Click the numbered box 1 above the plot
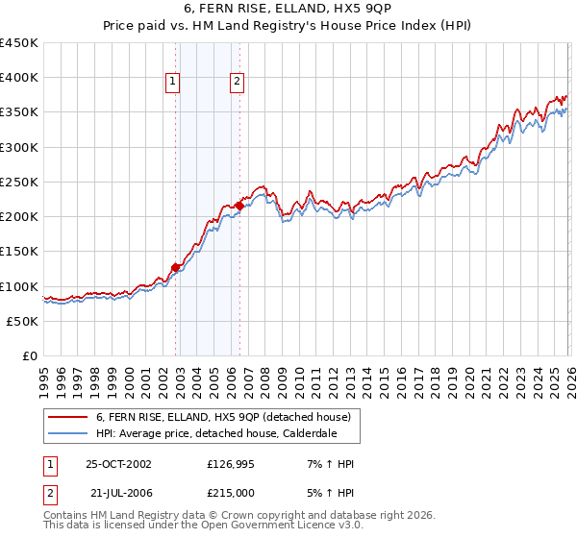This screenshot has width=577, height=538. pos(172,82)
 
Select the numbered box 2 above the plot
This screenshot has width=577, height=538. pos(236,82)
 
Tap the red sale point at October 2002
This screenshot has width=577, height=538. pos(176,268)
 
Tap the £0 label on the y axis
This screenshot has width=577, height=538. pos(30,355)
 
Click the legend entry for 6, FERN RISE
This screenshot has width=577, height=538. pos(228,417)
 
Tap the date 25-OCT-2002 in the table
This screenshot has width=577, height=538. pos(119,463)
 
